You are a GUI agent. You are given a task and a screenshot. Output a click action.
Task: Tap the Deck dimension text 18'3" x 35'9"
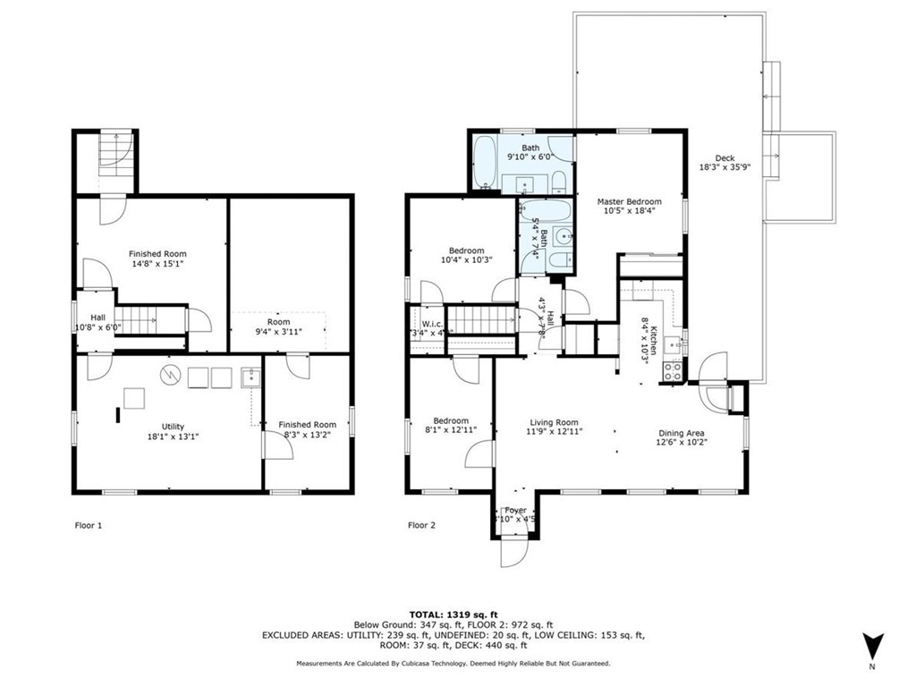[x=725, y=167]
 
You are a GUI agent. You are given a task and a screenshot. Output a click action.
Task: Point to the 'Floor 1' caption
[x=88, y=525]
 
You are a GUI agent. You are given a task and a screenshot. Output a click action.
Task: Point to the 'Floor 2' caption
[x=421, y=525]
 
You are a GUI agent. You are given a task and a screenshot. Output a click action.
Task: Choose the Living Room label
[x=554, y=422]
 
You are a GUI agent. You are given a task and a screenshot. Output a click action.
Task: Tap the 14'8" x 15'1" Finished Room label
[x=157, y=254]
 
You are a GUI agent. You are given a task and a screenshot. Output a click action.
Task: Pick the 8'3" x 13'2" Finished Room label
[x=307, y=425]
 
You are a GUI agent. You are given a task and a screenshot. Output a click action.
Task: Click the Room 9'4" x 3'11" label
[x=278, y=322]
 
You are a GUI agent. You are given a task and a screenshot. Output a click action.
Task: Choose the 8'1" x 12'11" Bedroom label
[x=451, y=420]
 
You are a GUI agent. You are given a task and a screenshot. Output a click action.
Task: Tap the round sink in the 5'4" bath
[x=562, y=236]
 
